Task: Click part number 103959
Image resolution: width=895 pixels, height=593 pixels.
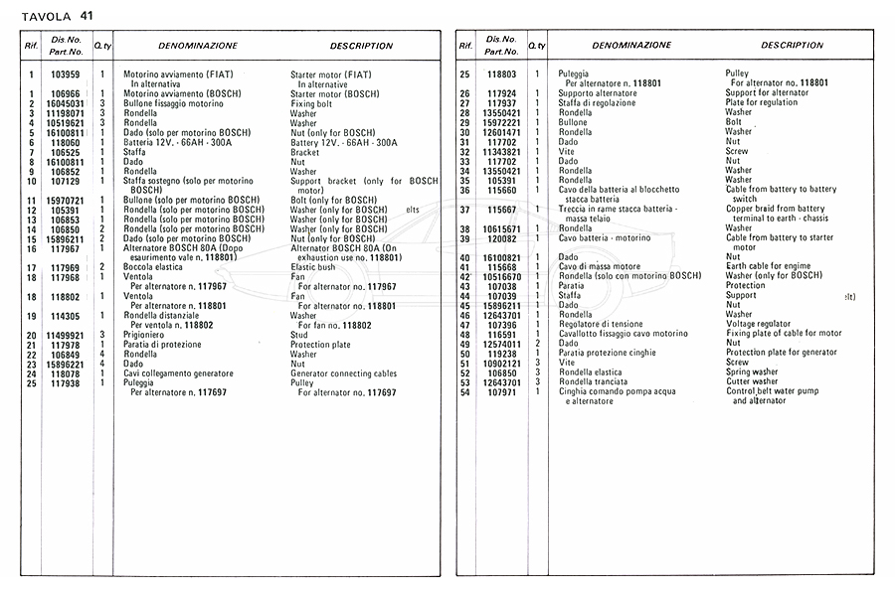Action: [66, 74]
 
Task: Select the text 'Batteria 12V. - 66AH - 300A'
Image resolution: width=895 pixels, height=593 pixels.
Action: [177, 143]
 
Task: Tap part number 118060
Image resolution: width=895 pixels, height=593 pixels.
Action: [66, 143]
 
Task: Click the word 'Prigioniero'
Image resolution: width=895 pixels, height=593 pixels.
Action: [147, 336]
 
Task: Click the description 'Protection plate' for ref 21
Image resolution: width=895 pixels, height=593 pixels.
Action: [319, 345]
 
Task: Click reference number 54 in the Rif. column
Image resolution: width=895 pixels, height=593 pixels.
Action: [464, 391]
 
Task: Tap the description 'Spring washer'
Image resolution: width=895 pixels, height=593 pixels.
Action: [752, 372]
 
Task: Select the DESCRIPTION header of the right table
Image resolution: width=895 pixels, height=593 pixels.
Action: [793, 46]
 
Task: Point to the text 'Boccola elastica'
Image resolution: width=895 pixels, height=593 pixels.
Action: [153, 267]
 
